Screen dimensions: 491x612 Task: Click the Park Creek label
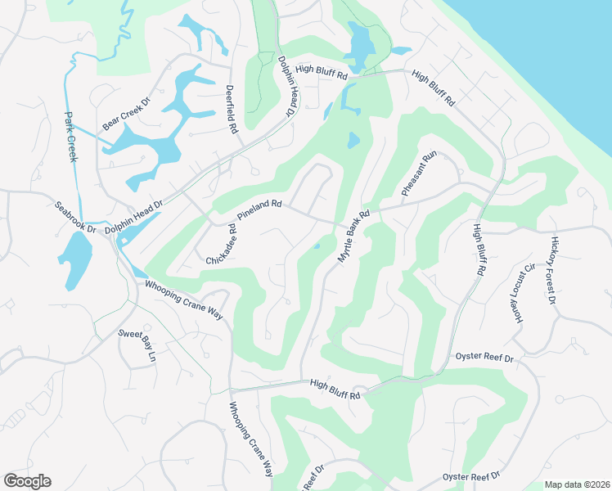pyautogui.click(x=70, y=137)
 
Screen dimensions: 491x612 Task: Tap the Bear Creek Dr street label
pyautogui.click(x=127, y=115)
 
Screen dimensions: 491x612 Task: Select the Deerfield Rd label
pyautogui.click(x=232, y=110)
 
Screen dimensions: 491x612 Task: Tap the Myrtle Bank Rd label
pyautogui.click(x=354, y=236)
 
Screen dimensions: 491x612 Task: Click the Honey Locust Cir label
pyautogui.click(x=523, y=291)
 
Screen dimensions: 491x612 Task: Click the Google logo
pyautogui.click(x=27, y=481)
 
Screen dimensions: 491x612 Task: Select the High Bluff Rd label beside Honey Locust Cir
pyautogui.click(x=478, y=248)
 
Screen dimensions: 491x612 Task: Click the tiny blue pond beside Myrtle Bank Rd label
pyautogui.click(x=317, y=247)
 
